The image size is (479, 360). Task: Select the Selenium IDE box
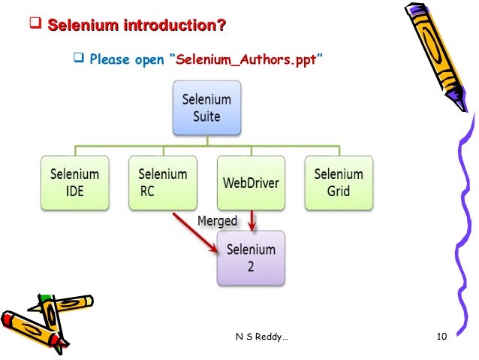(74, 181)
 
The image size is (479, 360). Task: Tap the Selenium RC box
(163, 181)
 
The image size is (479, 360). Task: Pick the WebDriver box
(252, 182)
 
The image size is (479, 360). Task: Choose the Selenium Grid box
(339, 181)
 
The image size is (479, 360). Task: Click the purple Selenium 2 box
(251, 257)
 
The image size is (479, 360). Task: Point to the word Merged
(217, 221)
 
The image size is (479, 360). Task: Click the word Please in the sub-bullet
(110, 59)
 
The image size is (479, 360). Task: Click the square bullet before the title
(34, 28)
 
